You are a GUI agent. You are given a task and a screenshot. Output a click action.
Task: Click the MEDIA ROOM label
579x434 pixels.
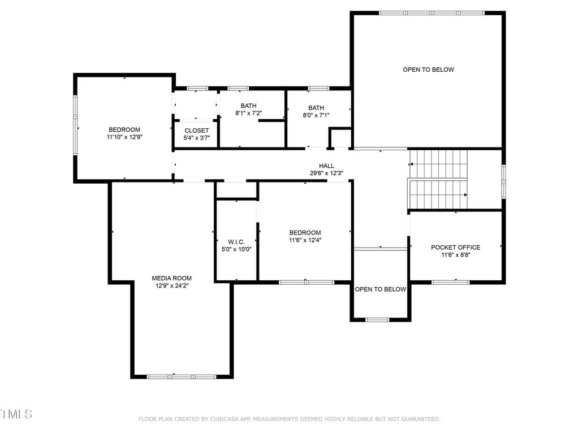[172, 278]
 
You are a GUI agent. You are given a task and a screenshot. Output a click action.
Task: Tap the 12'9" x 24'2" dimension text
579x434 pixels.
[172, 285]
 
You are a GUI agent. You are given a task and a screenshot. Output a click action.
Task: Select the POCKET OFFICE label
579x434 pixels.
[456, 248]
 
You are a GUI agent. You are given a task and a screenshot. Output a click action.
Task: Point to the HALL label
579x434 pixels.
[326, 166]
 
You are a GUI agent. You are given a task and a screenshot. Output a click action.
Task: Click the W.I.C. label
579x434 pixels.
[236, 242]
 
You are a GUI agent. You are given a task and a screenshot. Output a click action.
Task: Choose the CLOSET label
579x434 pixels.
[196, 131]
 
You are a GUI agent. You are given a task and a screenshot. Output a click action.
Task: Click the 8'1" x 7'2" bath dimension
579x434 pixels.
[249, 113]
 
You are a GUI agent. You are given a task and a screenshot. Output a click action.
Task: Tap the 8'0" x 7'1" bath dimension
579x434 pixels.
[316, 115]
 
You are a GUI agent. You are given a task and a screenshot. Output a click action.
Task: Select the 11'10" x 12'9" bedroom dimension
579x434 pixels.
[124, 137]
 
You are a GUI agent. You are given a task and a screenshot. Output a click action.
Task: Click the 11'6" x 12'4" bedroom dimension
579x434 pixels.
[305, 240]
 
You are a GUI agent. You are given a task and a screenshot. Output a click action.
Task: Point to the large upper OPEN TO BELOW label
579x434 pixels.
[429, 70]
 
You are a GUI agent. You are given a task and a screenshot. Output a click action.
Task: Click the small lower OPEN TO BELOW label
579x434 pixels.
[381, 289]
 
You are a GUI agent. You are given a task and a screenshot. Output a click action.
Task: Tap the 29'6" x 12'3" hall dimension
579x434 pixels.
[326, 173]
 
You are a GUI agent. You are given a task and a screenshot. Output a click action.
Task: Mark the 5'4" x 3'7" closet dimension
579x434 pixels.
[196, 138]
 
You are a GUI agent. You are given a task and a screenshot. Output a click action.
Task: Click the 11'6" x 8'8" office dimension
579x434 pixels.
[456, 255]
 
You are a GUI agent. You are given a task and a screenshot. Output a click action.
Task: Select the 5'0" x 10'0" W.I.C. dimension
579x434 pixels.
[236, 249]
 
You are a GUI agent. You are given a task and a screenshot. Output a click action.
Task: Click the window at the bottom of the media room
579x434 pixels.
[182, 377]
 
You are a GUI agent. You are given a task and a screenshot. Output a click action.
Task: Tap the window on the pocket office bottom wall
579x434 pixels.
[451, 283]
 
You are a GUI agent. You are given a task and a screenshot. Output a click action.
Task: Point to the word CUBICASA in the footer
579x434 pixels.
[225, 419]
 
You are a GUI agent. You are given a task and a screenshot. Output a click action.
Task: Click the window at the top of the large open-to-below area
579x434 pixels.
[431, 13]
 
